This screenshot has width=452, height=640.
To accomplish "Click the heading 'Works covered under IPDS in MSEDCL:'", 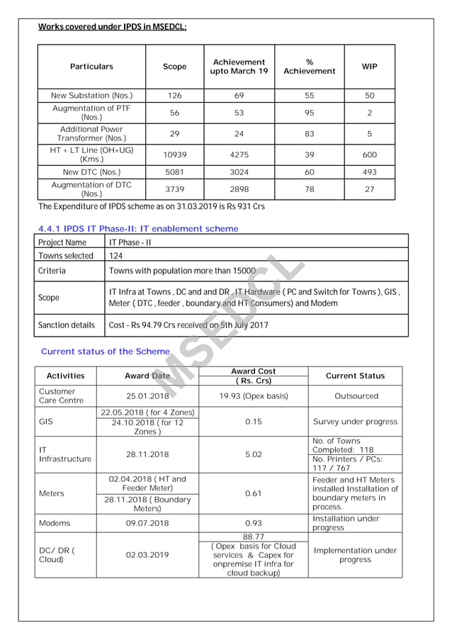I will pyautogui.click(x=112, y=27).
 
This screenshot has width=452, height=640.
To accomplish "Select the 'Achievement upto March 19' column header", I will pyautogui.click(x=239, y=67).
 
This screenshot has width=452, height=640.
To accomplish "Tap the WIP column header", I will pyautogui.click(x=369, y=67).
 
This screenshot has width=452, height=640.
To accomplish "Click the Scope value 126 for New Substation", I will pyautogui.click(x=174, y=96).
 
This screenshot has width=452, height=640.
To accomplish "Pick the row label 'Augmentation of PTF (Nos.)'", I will pyautogui.click(x=91, y=113).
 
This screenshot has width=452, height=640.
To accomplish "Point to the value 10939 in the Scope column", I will pyautogui.click(x=174, y=155).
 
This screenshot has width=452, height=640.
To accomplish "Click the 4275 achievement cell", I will pyautogui.click(x=239, y=155).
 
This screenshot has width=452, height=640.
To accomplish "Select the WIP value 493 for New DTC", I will pyautogui.click(x=369, y=172).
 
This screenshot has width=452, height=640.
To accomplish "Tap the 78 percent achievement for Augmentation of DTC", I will pyautogui.click(x=309, y=189).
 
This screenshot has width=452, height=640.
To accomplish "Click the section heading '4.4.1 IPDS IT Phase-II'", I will pyautogui.click(x=137, y=229).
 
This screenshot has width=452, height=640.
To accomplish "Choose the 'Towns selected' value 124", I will pyautogui.click(x=116, y=256).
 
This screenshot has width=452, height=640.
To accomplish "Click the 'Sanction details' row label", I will pyautogui.click(x=67, y=325).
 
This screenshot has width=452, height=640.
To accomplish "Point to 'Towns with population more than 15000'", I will pyautogui.click(x=182, y=271).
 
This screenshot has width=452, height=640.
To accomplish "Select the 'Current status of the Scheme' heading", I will pyautogui.click(x=106, y=352).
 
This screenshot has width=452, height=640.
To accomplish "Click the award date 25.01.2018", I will pyautogui.click(x=147, y=396).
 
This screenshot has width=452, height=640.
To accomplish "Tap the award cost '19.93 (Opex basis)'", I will pyautogui.click(x=253, y=396).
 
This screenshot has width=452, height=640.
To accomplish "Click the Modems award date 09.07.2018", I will pyautogui.click(x=147, y=523).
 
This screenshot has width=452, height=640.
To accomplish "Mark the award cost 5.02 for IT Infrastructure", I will pyautogui.click(x=253, y=454).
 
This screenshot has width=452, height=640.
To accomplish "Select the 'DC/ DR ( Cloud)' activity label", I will pyautogui.click(x=57, y=554).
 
